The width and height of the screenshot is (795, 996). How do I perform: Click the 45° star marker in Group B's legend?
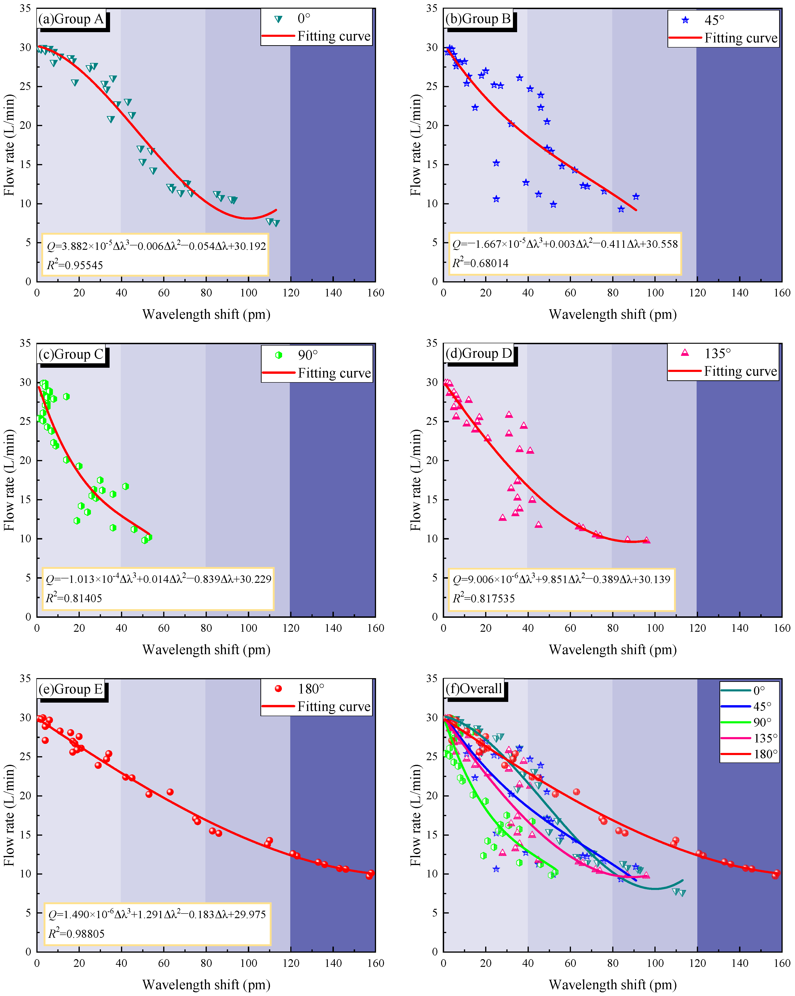(685, 20)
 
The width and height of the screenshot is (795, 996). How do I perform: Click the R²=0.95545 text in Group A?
(75, 265)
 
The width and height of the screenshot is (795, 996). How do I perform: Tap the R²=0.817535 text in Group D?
(484, 598)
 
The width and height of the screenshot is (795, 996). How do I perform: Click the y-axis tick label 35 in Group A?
(26, 8)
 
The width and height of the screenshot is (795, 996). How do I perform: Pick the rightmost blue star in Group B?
(636, 197)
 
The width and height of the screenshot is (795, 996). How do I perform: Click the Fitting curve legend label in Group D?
(740, 371)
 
